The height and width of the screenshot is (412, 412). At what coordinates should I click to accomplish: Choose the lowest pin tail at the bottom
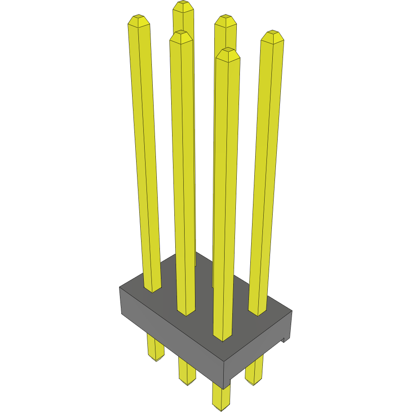[221, 400]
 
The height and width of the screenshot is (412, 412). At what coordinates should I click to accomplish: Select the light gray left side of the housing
[171, 332]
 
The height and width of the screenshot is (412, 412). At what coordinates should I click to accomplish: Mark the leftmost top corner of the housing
[120, 287]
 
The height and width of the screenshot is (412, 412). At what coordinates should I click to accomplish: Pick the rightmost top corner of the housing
[292, 311]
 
